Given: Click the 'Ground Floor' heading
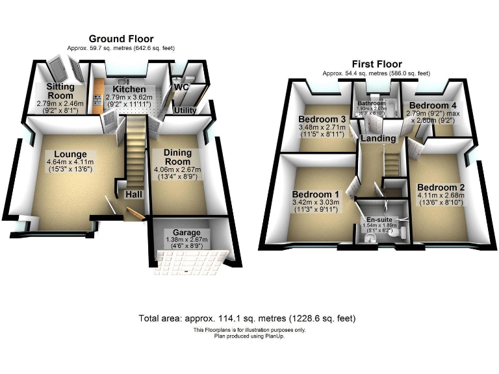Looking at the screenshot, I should pyautogui.click(x=121, y=39).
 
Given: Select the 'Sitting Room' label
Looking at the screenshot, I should pyautogui.click(x=60, y=91).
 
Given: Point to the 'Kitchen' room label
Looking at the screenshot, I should pyautogui.click(x=129, y=89).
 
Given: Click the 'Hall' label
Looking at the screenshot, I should pyautogui.click(x=134, y=194).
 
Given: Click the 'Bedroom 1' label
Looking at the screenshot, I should pyautogui.click(x=316, y=193).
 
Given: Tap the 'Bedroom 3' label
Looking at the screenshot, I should pyautogui.click(x=321, y=119).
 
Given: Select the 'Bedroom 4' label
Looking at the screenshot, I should pyautogui.click(x=428, y=106).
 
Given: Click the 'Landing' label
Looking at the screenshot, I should pyautogui.click(x=378, y=138).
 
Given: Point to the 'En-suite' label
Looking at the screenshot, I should pyautogui.click(x=381, y=220).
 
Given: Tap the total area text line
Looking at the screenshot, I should pyautogui.click(x=247, y=319).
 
